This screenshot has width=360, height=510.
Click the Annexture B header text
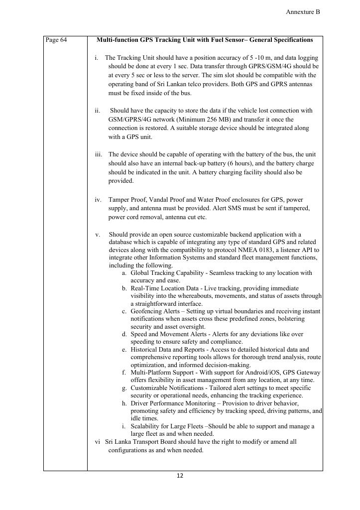pyautogui.click(x=303, y=12)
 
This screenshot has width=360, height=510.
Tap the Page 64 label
pyautogui.click(x=56, y=40)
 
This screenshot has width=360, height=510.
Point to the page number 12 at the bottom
pyautogui.click(x=180, y=476)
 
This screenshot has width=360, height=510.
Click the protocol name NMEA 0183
pyautogui.click(x=263, y=250)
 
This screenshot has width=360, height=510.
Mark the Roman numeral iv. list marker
pyautogui.click(x=98, y=200)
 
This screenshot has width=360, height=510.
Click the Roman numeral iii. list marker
pyautogui.click(x=99, y=155)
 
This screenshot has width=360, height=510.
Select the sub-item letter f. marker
pyautogui.click(x=124, y=373)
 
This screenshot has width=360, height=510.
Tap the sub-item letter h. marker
pyautogui.click(x=124, y=403)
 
